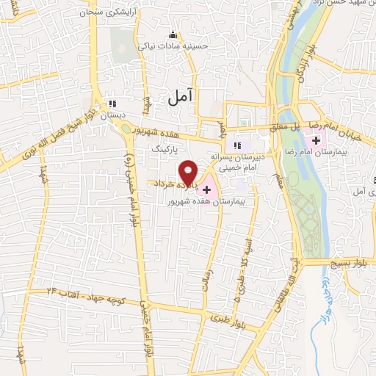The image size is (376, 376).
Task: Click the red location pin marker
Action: (189, 171)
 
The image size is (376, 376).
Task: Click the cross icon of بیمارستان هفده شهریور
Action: (206, 190)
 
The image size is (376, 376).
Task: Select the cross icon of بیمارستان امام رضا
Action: (317, 140)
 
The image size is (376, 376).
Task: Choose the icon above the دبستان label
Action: (112, 104)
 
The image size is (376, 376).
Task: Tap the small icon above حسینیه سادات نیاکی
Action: (173, 35)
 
